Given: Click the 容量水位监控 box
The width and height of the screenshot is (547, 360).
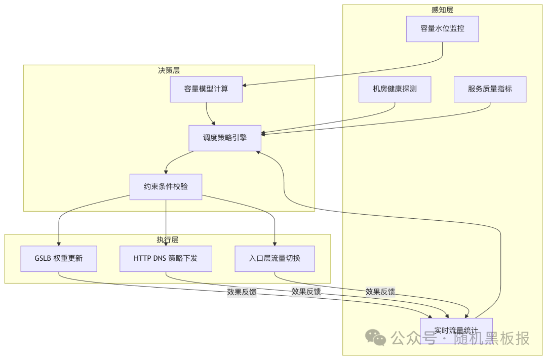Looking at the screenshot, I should pyautogui.click(x=442, y=29).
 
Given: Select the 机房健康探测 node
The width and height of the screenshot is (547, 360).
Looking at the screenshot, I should pyautogui.click(x=395, y=89).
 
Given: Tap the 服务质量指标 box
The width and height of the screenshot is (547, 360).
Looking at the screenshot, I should pyautogui.click(x=490, y=89).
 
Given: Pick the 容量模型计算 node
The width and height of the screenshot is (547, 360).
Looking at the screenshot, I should pyautogui.click(x=206, y=89).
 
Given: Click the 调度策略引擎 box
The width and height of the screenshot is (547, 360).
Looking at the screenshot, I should pyautogui.click(x=225, y=138).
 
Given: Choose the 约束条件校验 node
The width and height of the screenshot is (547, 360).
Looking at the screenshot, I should pyautogui.click(x=166, y=187).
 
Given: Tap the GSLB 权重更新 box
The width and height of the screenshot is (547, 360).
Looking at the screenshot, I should pyautogui.click(x=59, y=259).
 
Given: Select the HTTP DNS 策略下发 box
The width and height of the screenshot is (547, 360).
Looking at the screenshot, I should pyautogui.click(x=166, y=259).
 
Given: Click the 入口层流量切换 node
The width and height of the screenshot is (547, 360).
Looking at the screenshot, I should pyautogui.click(x=275, y=259).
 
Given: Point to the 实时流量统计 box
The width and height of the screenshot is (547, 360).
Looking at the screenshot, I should pyautogui.click(x=456, y=331).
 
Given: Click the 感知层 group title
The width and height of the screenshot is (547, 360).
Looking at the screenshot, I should pyautogui.click(x=442, y=10).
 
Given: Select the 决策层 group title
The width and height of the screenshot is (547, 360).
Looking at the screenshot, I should pyautogui.click(x=169, y=70).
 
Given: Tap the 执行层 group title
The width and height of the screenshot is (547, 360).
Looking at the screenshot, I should pyautogui.click(x=167, y=240).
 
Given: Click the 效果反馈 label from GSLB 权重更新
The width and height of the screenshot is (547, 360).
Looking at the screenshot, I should pyautogui.click(x=242, y=292).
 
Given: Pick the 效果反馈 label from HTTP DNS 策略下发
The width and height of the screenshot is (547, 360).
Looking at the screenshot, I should pyautogui.click(x=306, y=292).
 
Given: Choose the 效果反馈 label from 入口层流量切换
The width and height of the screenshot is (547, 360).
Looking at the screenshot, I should pyautogui.click(x=380, y=292).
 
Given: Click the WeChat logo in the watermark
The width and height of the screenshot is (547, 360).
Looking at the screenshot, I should pyautogui.click(x=376, y=337).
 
